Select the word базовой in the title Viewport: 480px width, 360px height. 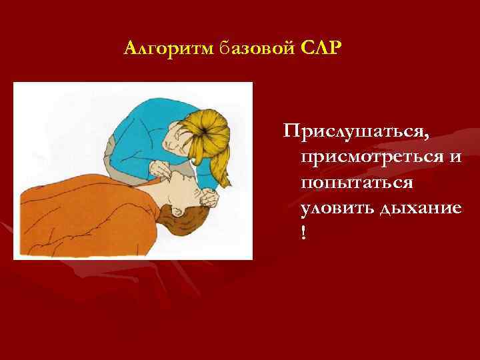(x=238, y=49)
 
